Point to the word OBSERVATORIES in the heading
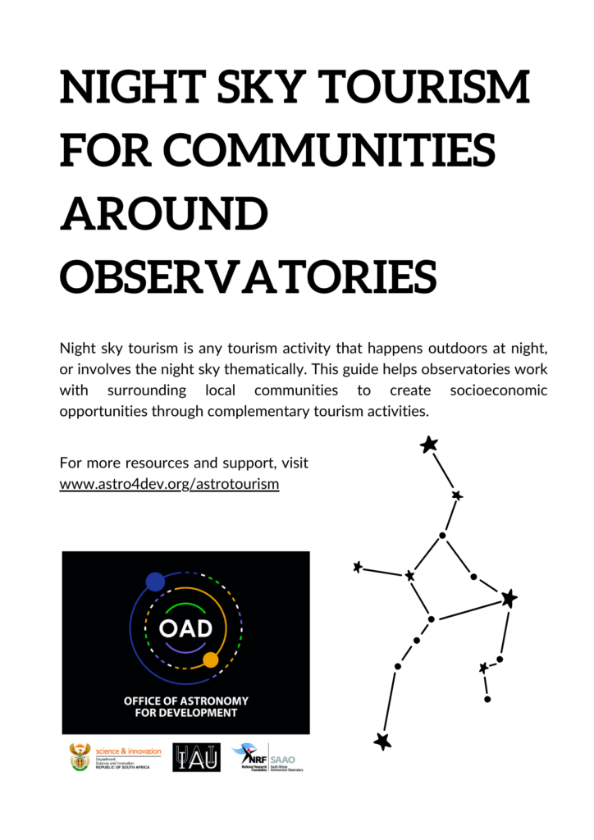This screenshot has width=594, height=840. [249, 276]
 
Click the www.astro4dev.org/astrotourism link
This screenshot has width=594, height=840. [169, 484]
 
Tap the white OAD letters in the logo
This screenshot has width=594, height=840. [185, 629]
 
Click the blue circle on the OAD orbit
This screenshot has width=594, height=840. [155, 582]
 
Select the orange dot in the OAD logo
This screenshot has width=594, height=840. [210, 660]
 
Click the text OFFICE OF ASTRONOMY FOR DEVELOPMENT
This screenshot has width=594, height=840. [185, 707]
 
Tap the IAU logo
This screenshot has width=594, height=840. [196, 757]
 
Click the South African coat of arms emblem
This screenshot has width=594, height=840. [80, 757]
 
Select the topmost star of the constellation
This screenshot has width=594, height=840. [428, 445]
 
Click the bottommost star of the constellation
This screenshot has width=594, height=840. [382, 742]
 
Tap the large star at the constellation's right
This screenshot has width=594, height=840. [509, 599]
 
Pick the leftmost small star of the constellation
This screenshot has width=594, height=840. [357, 567]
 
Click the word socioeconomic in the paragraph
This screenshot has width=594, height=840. [499, 390]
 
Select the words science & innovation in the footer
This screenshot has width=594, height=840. [129, 751]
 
